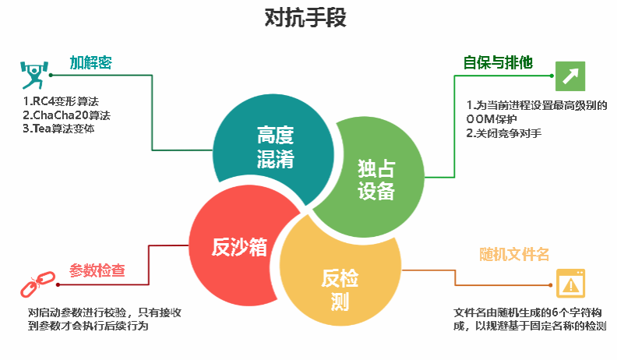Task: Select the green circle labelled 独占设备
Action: point(376,178)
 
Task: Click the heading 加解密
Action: point(90,63)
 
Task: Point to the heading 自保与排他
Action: point(498,63)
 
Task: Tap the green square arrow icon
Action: point(569,76)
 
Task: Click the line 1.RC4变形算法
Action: point(61,101)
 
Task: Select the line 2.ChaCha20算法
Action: point(66,115)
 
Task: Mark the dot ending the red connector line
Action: point(54,284)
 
